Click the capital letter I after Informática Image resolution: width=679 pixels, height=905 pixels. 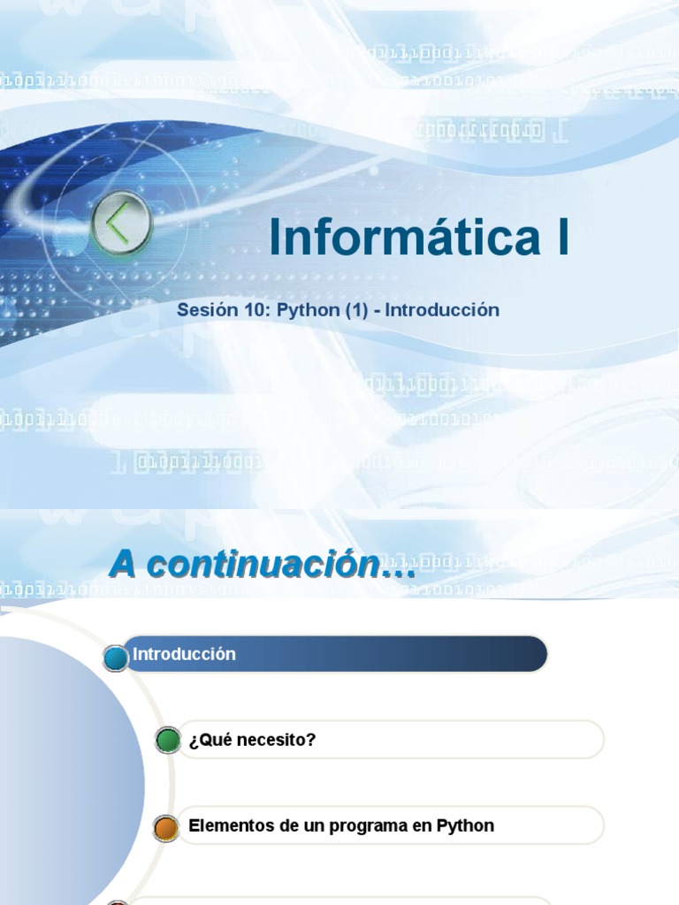point(562,238)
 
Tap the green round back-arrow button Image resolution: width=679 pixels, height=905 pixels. point(122,224)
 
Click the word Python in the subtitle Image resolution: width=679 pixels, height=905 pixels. point(308,311)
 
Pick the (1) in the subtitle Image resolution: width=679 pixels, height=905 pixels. point(357,310)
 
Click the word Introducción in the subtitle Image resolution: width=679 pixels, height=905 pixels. point(442,310)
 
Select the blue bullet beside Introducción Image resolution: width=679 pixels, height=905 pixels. point(116,658)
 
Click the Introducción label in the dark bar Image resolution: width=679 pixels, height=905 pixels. point(184,654)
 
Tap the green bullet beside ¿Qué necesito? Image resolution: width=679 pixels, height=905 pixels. point(168,740)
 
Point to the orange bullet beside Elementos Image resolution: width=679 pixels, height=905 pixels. point(166,828)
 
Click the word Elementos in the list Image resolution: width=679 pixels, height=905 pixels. point(225,825)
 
